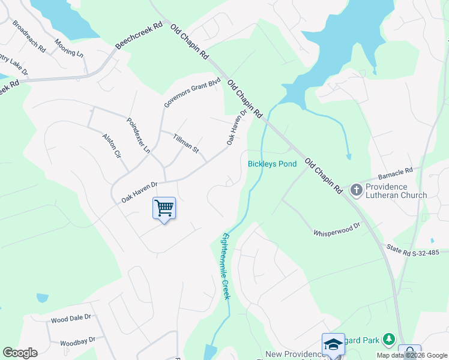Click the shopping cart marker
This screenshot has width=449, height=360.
tap(164, 208)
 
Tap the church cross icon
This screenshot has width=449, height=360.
tap(356, 190)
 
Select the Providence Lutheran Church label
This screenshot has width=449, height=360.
tap(396, 191)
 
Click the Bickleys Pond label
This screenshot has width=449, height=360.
tap(272, 164)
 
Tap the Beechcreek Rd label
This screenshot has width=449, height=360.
tap(140, 38)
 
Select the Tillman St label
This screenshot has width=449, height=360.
tap(185, 143)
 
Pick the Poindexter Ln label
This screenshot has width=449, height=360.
tap(138, 134)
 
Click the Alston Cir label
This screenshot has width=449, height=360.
tap(112, 146)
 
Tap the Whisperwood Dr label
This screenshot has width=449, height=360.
tap(336, 229)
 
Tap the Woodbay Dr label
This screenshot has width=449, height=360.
tap(77, 341)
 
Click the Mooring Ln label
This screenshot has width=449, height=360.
tap(68, 49)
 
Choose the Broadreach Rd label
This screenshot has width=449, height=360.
tap(29, 38)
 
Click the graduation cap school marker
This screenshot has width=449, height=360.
tap(333, 344)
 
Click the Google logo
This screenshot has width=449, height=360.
tap(20, 352)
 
